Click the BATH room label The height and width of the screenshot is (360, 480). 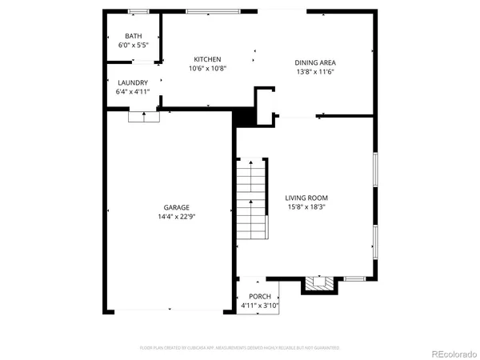(134, 37)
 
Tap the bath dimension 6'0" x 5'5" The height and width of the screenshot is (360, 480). (134, 46)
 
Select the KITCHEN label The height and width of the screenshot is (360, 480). (207, 59)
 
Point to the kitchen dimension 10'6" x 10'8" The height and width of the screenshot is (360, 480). (207, 69)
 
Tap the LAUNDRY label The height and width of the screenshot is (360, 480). (133, 83)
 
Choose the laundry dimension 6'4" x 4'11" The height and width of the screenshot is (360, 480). (133, 93)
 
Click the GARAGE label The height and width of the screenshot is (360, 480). (178, 207)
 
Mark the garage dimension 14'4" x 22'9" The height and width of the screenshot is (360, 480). (178, 217)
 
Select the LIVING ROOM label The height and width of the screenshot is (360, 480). (306, 198)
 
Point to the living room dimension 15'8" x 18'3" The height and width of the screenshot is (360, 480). (306, 207)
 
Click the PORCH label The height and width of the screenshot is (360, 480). (260, 297)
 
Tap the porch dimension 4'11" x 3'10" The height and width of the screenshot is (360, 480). (260, 306)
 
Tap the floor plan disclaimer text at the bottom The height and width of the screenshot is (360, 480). (239, 348)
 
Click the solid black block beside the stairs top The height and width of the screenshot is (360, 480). (242, 118)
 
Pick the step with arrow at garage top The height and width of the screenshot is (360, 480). (144, 116)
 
